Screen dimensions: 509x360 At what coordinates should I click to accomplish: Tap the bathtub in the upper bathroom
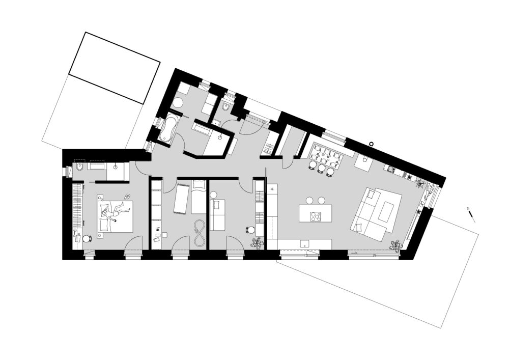168,127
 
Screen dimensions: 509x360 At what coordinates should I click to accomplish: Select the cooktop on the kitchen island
315,216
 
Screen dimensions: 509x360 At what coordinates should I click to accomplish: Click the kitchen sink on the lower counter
304,243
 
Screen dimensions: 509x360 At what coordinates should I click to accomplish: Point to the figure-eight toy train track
199,233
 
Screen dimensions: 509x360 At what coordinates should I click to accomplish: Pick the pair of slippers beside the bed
127,197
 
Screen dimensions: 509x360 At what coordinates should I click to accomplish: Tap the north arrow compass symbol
471,216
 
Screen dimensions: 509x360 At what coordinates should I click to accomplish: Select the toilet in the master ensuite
80,167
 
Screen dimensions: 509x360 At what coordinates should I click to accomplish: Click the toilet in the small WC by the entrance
226,106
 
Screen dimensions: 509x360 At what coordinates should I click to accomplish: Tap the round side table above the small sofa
213,196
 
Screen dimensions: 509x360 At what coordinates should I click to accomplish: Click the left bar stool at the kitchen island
309,200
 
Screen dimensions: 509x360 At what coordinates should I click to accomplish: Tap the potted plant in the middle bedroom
258,243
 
